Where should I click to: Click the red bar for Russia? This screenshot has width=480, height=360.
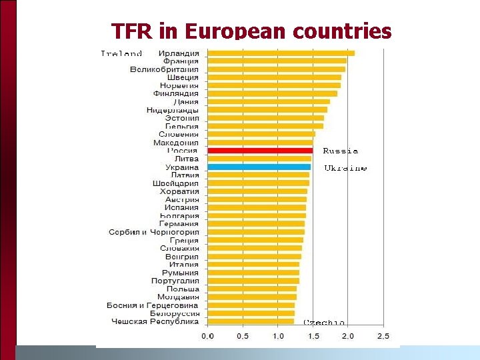pyautogui.click(x=260, y=151)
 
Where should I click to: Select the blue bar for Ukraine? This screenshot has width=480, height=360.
pyautogui.click(x=259, y=167)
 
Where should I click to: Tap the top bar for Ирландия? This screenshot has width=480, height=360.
pyautogui.click(x=281, y=53)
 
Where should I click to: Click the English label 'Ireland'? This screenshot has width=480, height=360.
pyautogui.click(x=121, y=53)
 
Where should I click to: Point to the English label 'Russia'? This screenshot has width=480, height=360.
pyautogui.click(x=340, y=151)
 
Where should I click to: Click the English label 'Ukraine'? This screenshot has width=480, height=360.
pyautogui.click(x=345, y=169)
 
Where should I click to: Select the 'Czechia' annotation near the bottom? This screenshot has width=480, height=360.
pyautogui.click(x=325, y=322)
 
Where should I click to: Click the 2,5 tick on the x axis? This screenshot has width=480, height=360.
pyautogui.click(x=383, y=335)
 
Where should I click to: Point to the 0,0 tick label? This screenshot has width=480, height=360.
pyautogui.click(x=207, y=335)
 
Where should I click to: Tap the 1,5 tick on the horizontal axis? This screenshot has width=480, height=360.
pyautogui.click(x=313, y=335)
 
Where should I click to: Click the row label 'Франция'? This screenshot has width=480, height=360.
pyautogui.click(x=181, y=61)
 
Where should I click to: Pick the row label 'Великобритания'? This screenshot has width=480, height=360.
pyautogui.click(x=164, y=69)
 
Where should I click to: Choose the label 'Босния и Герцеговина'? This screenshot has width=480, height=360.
pyautogui.click(x=153, y=305)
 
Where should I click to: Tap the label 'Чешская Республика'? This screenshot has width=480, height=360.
pyautogui.click(x=155, y=321)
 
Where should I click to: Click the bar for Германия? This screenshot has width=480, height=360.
pyautogui.click(x=256, y=224)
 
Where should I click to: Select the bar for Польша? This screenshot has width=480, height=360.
pyautogui.click(x=252, y=289)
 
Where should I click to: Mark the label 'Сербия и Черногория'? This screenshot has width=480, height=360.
pyautogui.click(x=153, y=232)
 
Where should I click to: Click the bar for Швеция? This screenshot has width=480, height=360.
pyautogui.click(x=274, y=77)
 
